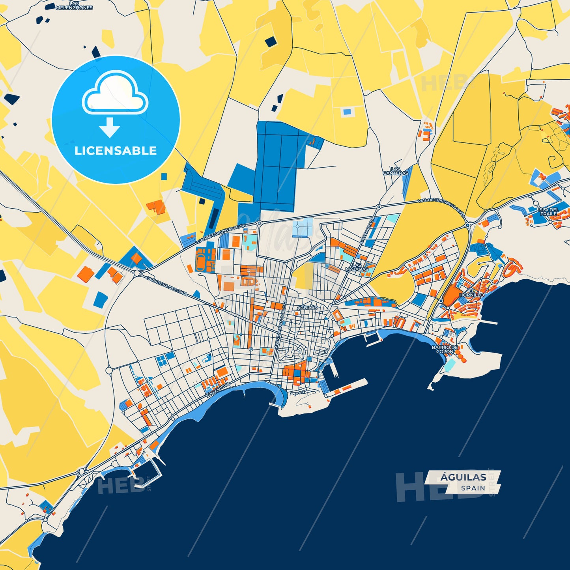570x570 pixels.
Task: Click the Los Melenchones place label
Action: pyautogui.click(x=74, y=6)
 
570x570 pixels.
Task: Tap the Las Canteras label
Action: pyautogui.click(x=396, y=171)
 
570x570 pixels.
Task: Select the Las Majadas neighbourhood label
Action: pyautogui.click(x=357, y=267)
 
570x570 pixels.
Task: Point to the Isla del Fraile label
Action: pyautogui.click(x=548, y=211)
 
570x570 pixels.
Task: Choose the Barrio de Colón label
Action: pyautogui.click(x=445, y=349)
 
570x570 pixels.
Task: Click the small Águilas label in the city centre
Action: pyautogui.click(x=307, y=307)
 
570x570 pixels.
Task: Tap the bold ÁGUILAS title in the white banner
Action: pyautogui.click(x=463, y=477)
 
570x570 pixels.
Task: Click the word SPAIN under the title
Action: pyautogui.click(x=473, y=488)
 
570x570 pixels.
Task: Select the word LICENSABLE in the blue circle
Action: pyautogui.click(x=116, y=151)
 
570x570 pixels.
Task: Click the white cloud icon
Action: pyautogui.click(x=115, y=94)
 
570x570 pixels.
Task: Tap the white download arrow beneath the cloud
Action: pyautogui.click(x=109, y=127)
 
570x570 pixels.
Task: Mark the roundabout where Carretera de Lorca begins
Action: pyautogui.click(x=137, y=272)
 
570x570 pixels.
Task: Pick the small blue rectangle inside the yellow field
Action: pyautogui.click(x=346, y=112)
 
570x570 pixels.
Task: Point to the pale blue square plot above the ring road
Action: pyautogui.click(x=303, y=227)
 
